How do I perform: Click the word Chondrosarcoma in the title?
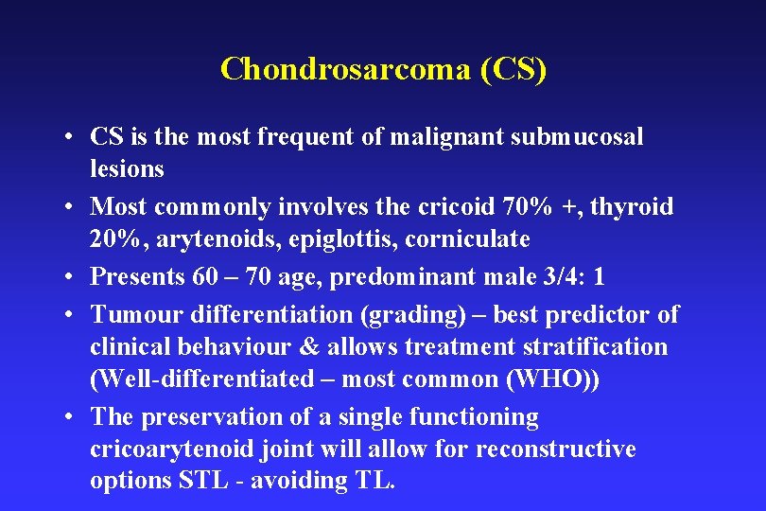345,69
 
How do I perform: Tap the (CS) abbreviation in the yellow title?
513,69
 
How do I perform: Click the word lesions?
127,169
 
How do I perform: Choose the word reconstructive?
555,449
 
